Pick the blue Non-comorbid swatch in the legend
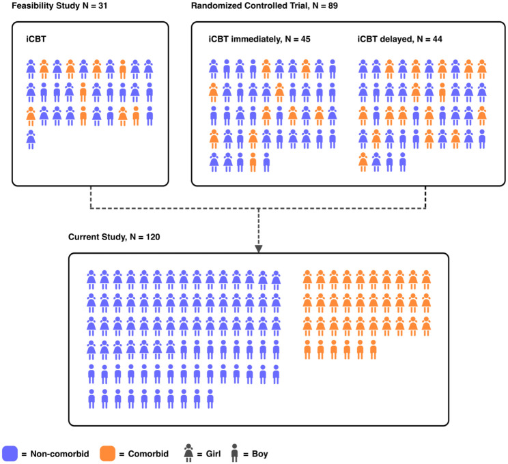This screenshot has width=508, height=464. pos(14,452)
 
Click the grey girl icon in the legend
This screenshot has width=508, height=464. pos(186,451)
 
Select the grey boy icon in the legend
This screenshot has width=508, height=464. pos(236,451)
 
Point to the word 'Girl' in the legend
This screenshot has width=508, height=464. pos(212,452)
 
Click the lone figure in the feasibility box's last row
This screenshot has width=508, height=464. pos(31,139)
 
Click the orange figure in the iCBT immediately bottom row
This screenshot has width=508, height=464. pos(253,162)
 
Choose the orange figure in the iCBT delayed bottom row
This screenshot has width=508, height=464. pos(363,162)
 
